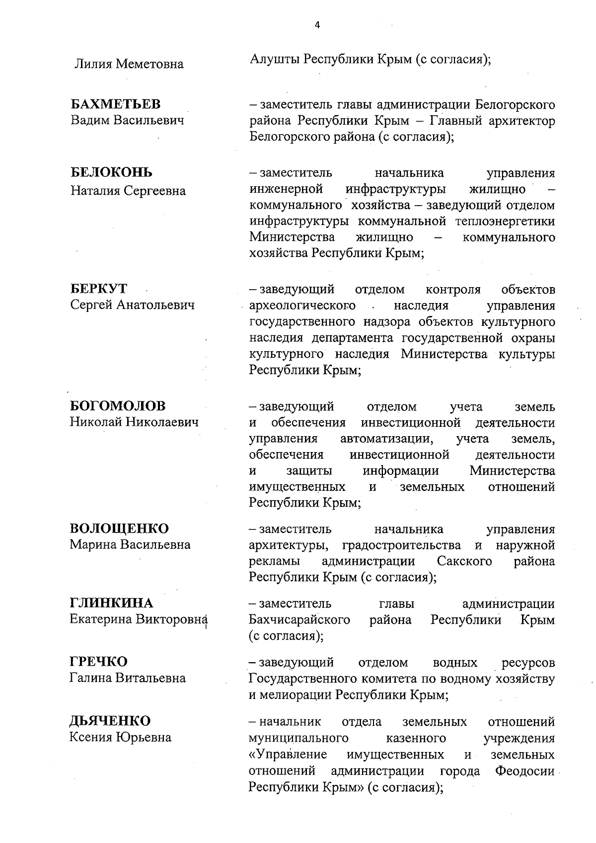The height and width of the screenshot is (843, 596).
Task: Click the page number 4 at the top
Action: (317, 26)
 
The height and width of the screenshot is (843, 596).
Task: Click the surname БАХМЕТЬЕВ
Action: (115, 104)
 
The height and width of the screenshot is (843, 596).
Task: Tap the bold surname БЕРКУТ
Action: (99, 289)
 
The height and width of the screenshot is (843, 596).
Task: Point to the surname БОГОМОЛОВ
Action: (118, 406)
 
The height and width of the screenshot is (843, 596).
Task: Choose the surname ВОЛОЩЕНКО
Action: (119, 528)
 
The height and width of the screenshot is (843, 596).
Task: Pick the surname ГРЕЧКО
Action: (99, 662)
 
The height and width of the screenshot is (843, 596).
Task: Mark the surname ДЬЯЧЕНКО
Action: (110, 721)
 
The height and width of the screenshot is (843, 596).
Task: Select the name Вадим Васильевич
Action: (127, 121)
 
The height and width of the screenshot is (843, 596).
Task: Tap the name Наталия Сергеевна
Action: (128, 191)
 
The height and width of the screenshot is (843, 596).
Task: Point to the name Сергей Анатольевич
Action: (132, 305)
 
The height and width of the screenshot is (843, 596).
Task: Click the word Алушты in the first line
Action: (275, 60)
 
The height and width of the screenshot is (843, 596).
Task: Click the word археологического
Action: (302, 305)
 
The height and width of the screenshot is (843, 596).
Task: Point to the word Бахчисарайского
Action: (299, 620)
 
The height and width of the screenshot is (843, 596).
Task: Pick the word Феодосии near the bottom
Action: (525, 771)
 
